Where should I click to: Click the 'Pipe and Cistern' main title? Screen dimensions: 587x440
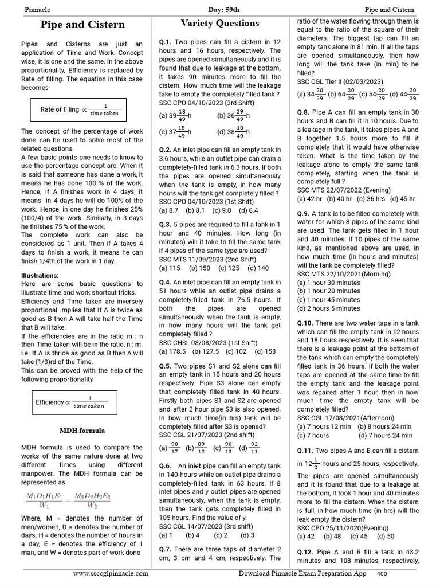coord(82,24)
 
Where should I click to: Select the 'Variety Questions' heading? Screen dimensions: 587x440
coord(220,24)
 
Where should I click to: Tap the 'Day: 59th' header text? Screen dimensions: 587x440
coord(219,9)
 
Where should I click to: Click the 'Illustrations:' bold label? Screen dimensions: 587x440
coord(40,276)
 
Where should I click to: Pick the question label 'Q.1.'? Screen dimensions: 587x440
coord(166,42)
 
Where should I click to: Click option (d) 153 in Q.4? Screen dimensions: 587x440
coord(265,351)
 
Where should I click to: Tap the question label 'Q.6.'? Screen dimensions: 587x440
coord(166,466)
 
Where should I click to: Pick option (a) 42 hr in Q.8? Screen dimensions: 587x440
coord(309,199)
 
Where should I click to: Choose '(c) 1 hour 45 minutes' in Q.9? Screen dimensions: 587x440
coord(329,299)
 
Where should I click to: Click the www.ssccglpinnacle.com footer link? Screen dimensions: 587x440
coord(111,573)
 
